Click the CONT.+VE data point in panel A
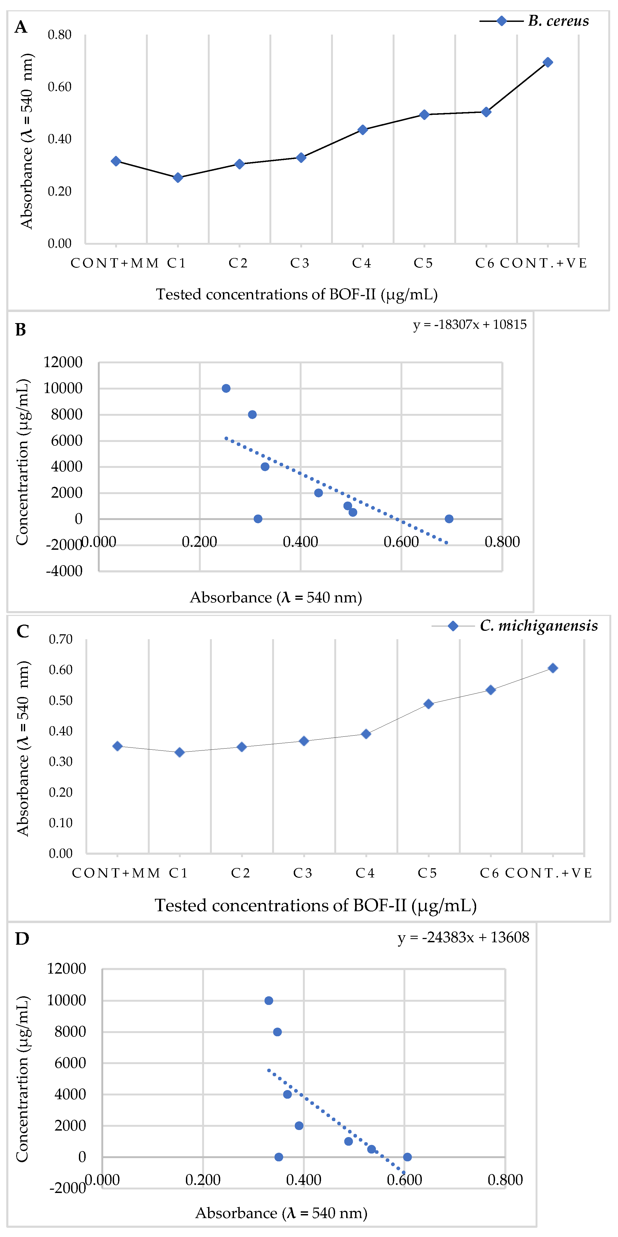547,62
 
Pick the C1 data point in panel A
178,178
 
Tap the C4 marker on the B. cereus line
363,130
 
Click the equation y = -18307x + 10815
470,325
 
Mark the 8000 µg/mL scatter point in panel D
277,1032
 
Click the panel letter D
22,938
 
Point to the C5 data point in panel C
428,704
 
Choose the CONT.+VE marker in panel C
553,668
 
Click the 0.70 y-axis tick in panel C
61,639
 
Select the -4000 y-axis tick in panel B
64,571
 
